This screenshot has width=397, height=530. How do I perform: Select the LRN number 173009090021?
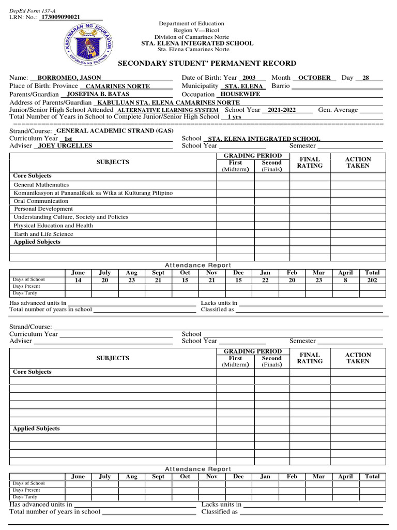60,17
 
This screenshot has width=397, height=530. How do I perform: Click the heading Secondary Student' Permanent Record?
207,63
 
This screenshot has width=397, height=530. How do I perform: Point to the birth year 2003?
249,78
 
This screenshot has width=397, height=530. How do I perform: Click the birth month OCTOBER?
314,78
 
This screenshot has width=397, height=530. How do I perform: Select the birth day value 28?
366,78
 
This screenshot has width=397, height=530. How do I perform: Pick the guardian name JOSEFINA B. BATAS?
98,95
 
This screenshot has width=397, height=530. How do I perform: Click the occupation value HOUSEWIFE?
240,94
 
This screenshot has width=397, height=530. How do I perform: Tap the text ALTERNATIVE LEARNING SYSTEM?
168,110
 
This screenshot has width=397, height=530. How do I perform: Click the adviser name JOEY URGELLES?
66,146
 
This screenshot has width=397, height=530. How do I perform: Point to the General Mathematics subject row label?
41,185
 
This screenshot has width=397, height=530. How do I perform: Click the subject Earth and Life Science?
43,234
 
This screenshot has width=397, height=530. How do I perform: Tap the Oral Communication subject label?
41,201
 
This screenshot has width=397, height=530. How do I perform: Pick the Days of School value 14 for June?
78,280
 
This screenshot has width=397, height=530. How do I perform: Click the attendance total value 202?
372,280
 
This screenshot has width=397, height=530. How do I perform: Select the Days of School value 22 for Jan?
265,280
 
